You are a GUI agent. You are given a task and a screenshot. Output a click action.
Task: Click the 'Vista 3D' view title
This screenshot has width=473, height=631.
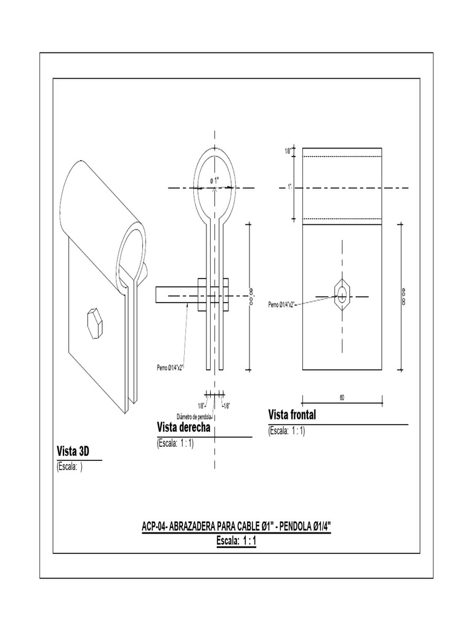[x=73, y=452]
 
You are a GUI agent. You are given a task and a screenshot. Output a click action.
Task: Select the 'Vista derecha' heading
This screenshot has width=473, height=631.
[x=185, y=428]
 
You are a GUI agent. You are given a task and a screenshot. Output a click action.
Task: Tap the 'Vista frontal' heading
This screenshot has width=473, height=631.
[x=292, y=415]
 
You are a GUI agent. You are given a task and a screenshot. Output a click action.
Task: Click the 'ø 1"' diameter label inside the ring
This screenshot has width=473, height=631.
[x=214, y=180]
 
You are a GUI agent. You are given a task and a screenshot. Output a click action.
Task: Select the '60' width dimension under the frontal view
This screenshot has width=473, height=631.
[x=341, y=397]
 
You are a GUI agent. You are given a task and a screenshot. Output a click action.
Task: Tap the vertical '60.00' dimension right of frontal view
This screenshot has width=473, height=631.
[x=403, y=296]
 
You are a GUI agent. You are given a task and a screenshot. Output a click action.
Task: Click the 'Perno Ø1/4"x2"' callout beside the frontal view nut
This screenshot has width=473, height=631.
[x=283, y=305]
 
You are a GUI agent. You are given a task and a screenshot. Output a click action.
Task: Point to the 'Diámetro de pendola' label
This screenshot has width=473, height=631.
[x=195, y=415]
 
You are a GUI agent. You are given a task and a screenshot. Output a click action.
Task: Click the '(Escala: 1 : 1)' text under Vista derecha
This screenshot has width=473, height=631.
[x=176, y=443]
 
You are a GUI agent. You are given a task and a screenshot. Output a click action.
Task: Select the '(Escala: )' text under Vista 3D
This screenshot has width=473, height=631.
[x=69, y=468]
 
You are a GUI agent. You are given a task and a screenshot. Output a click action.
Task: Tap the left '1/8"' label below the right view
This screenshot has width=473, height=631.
[x=201, y=405]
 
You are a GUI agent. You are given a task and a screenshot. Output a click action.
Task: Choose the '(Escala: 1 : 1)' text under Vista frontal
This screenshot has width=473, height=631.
[x=287, y=431]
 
